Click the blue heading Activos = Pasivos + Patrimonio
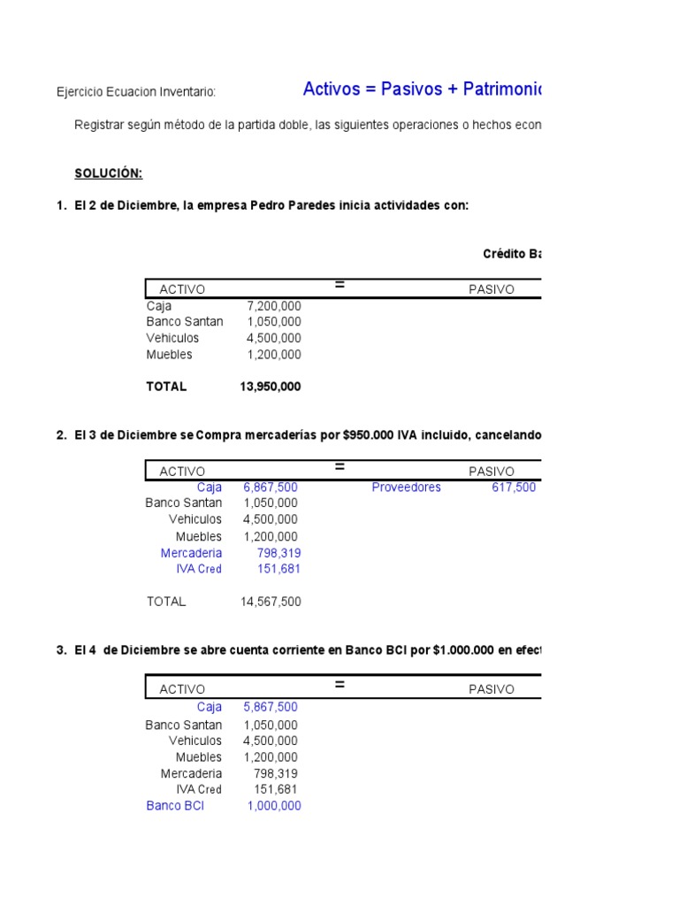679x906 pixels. click(423, 88)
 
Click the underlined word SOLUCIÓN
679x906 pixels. click(108, 173)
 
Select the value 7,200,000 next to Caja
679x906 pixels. click(273, 306)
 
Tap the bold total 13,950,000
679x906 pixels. click(270, 387)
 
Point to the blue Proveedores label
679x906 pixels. click(406, 488)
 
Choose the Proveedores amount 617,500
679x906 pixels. click(513, 488)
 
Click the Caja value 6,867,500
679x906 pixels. click(270, 488)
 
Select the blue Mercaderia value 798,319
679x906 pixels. click(278, 553)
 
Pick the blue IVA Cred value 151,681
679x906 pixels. click(278, 569)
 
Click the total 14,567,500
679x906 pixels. click(270, 602)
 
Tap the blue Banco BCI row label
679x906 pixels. click(175, 806)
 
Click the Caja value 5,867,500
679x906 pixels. click(270, 707)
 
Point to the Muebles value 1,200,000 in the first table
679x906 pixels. click(273, 355)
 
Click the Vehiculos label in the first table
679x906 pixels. click(173, 338)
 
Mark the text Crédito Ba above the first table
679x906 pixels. click(512, 254)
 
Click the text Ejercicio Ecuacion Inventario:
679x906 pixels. click(136, 92)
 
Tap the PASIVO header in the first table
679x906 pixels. click(491, 289)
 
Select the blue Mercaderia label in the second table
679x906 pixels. click(191, 553)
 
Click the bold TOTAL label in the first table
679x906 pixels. click(166, 387)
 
